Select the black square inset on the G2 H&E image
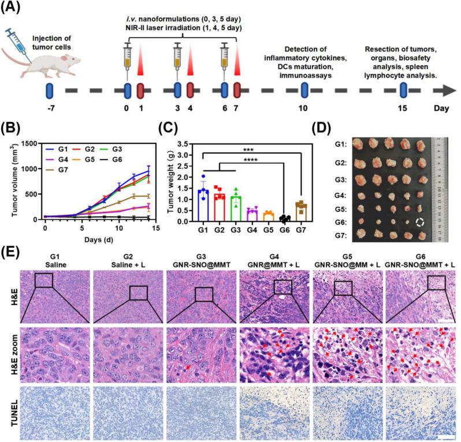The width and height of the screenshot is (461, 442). click(139, 293)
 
